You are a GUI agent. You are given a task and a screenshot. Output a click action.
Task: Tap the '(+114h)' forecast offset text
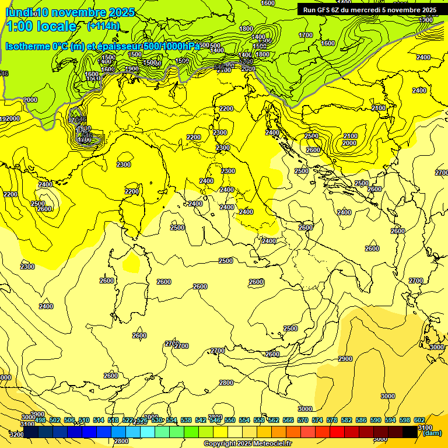click(x=103, y=26)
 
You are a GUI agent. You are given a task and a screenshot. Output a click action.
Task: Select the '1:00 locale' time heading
click(x=41, y=26)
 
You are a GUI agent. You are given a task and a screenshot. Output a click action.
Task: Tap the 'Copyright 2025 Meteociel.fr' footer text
click(x=248, y=444)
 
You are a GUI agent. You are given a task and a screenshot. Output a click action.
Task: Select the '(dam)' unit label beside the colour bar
click(x=432, y=433)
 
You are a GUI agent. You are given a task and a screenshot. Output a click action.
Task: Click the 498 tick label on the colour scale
click(x=40, y=420)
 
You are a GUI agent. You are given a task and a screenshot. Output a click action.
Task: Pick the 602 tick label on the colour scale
click(x=419, y=420)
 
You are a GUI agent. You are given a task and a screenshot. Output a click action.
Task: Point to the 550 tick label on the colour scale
click(x=230, y=420)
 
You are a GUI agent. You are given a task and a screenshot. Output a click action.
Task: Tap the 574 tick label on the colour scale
click(x=317, y=420)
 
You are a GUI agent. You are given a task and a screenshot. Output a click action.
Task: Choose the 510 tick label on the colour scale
click(x=84, y=420)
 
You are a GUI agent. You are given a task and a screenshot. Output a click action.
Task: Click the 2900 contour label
click(x=345, y=358)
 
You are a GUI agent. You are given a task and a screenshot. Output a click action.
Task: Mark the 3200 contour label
click(x=17, y=434)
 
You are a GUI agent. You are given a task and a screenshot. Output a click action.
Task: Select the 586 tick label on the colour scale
click(x=361, y=420)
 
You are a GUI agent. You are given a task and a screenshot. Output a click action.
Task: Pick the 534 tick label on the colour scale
click(x=171, y=420)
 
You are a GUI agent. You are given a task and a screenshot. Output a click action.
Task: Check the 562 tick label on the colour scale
click(x=274, y=420)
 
